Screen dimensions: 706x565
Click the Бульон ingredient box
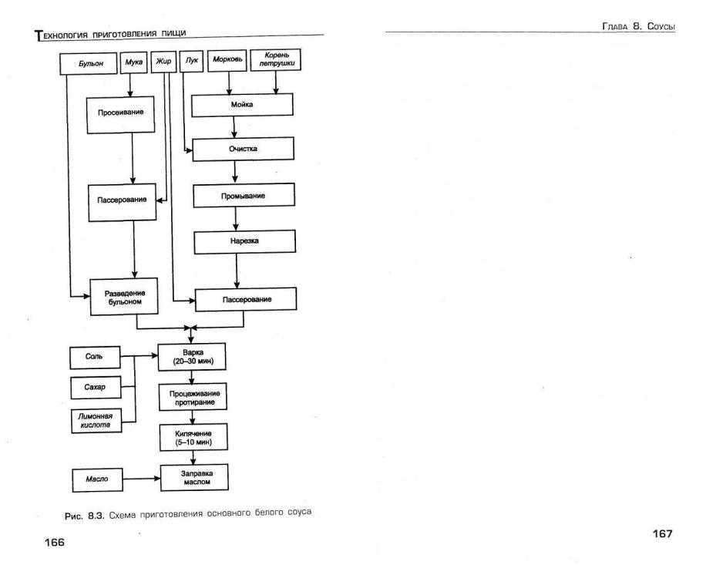[x=88, y=63]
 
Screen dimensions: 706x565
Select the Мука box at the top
[x=134, y=62]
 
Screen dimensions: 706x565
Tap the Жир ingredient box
[x=163, y=62]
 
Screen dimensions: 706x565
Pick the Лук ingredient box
[x=191, y=61]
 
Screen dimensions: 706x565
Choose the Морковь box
[x=227, y=60]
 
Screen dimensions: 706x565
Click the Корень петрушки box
[x=276, y=60]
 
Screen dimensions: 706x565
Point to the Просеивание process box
[x=121, y=115]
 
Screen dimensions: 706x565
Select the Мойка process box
[x=242, y=105]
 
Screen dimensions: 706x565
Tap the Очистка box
[x=243, y=149]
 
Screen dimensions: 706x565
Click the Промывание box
[x=244, y=195]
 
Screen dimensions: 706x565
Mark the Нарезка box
[x=245, y=242]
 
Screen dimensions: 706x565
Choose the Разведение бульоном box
[x=124, y=297]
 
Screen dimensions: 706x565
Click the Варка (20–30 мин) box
[x=192, y=357]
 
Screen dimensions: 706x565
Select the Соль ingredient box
[x=95, y=358]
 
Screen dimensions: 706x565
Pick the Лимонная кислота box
[x=96, y=421]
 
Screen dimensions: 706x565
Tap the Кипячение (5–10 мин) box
[x=193, y=437]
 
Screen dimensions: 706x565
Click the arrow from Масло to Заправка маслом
[x=141, y=479]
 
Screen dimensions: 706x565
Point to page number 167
[x=662, y=534]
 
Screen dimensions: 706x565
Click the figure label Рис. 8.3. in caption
[x=85, y=516]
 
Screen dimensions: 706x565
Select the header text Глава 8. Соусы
[x=638, y=26]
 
